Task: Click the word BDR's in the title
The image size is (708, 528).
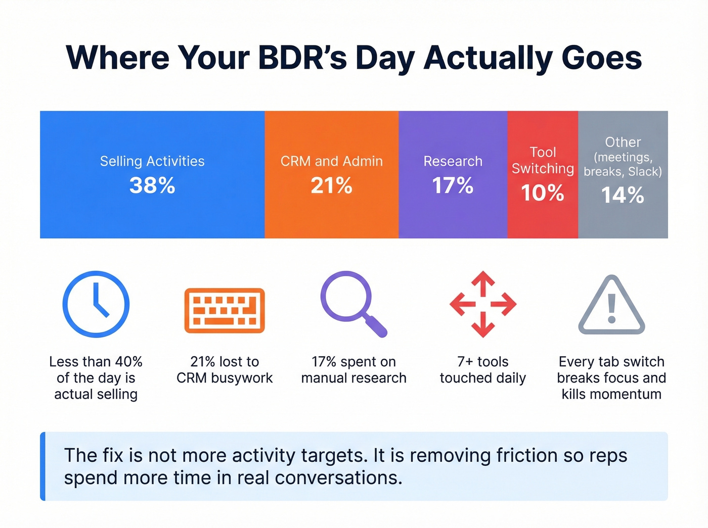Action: tap(302, 58)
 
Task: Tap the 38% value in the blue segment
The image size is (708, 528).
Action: tap(152, 185)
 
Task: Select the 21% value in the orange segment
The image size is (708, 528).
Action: tap(331, 185)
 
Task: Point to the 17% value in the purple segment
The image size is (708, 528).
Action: tap(453, 185)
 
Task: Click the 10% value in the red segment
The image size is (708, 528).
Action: tap(543, 193)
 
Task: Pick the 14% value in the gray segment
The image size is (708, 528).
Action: tap(623, 195)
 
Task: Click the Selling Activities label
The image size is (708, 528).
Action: tap(152, 161)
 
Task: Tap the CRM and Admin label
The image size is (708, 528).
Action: tap(331, 161)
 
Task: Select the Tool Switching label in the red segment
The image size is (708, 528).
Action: tap(543, 160)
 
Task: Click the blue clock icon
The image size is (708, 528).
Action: tap(96, 304)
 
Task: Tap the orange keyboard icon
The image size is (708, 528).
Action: tap(225, 310)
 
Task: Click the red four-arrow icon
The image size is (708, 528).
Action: tap(483, 304)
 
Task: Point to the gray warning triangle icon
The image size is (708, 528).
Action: tap(611, 306)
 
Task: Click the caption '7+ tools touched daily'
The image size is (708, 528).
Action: tap(483, 370)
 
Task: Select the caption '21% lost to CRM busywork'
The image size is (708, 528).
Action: tap(225, 370)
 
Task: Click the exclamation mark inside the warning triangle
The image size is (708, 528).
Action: tap(612, 308)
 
